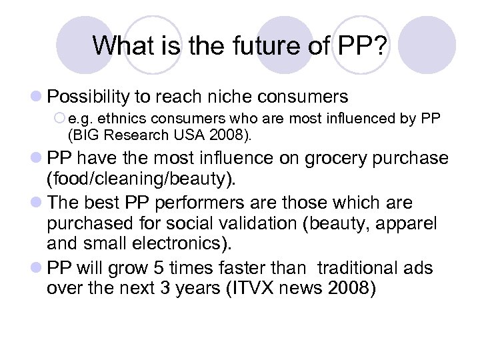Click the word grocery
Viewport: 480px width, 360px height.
point(328,159)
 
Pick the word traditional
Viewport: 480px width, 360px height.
point(357,268)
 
